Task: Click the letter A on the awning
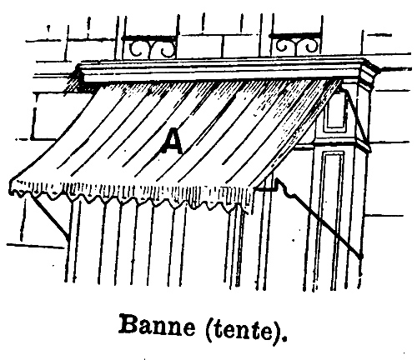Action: tap(172, 141)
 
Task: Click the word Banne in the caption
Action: tap(157, 325)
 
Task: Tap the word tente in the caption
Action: tap(241, 327)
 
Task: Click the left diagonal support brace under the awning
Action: tap(50, 217)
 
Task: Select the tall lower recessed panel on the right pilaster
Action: tap(332, 219)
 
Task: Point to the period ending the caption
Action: tap(284, 338)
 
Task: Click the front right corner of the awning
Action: tap(254, 189)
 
